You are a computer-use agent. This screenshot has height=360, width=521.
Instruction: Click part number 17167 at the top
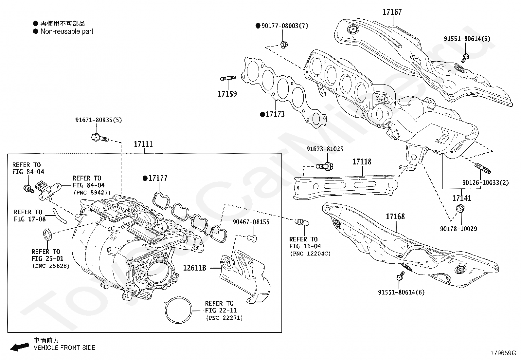(392, 12)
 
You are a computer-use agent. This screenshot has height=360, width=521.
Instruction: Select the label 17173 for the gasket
(275, 114)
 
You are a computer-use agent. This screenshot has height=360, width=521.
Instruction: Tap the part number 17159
(227, 94)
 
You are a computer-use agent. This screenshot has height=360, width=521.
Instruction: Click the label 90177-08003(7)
(285, 26)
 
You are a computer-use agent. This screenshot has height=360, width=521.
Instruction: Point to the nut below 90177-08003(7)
(284, 45)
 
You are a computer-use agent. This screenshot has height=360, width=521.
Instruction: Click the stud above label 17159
(228, 78)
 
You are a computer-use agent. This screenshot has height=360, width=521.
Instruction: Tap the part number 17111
(144, 144)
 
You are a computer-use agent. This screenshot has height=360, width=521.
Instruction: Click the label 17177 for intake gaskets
(158, 179)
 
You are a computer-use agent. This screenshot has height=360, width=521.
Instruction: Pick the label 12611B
(195, 268)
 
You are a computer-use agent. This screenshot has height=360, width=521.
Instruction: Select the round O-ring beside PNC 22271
(178, 310)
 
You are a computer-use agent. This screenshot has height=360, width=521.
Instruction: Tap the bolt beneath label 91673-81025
(324, 166)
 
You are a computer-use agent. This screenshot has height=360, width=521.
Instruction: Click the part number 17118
(362, 162)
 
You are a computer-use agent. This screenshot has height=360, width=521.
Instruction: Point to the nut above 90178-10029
(460, 209)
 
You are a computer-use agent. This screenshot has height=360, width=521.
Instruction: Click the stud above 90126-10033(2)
(483, 168)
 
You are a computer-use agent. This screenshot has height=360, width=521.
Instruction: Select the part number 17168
(395, 217)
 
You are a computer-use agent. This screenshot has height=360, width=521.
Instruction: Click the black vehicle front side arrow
(20, 347)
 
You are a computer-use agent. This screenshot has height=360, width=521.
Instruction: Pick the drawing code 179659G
(503, 353)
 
